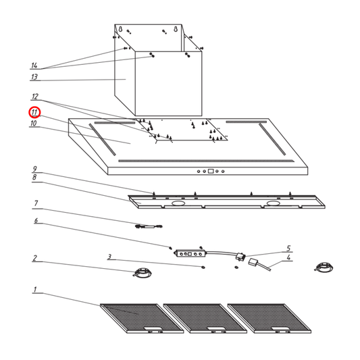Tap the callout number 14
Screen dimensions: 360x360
click(x=34, y=66)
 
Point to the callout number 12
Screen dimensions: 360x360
click(x=34, y=97)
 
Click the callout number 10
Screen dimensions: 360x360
click(x=33, y=124)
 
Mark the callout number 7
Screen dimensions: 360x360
click(x=34, y=203)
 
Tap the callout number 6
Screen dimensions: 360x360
click(x=34, y=222)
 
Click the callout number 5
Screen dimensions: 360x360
click(x=288, y=249)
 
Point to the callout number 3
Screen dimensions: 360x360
click(x=108, y=257)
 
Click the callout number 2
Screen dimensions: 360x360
click(x=34, y=258)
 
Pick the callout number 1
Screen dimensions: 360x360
click(x=34, y=290)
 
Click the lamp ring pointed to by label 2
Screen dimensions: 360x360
click(x=142, y=273)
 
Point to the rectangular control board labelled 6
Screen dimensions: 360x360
click(x=188, y=253)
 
